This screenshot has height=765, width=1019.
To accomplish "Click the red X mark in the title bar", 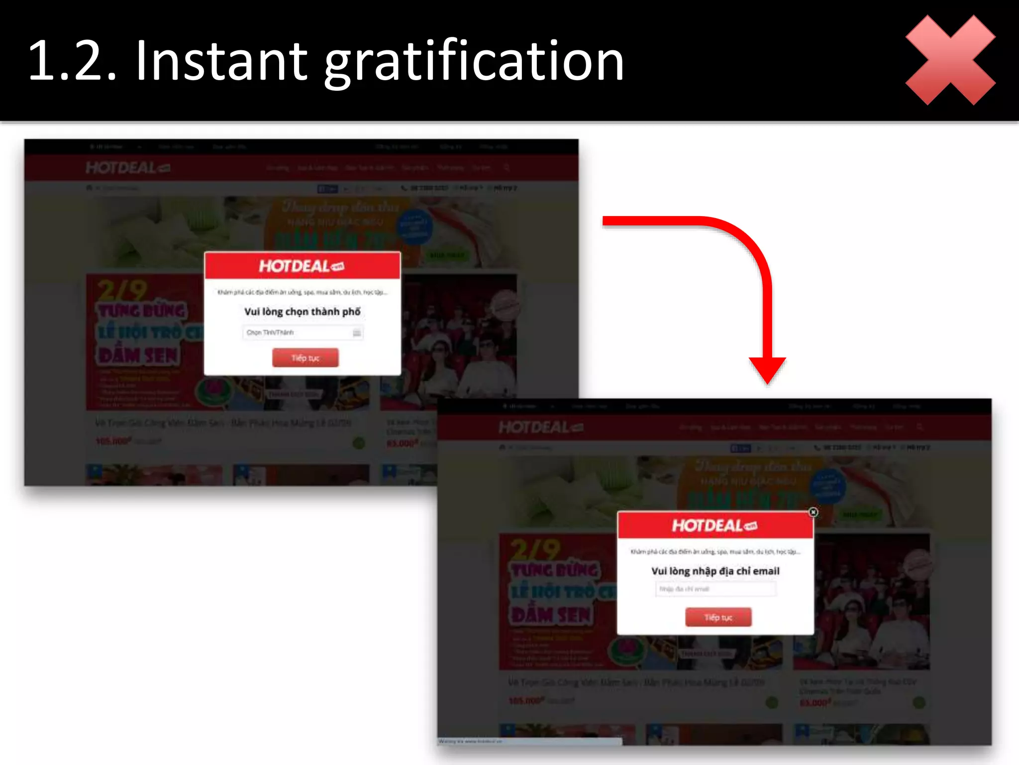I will [x=950, y=60].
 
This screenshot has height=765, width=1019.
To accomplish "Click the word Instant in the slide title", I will [x=221, y=61].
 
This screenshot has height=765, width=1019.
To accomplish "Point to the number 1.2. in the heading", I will [x=73, y=61].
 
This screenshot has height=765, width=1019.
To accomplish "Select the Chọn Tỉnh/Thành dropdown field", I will [x=303, y=333].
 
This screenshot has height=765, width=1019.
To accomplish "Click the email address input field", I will [x=715, y=589].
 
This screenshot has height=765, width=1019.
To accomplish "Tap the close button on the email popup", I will [x=813, y=512].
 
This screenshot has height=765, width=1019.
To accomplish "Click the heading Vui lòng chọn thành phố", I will [x=303, y=312].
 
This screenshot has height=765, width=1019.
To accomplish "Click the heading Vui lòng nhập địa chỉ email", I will [x=715, y=571].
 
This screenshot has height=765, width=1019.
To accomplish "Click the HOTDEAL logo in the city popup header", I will [x=302, y=266].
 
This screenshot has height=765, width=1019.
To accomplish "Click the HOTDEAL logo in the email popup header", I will [x=714, y=526].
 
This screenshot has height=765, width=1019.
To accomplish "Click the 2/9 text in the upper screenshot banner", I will [x=122, y=290].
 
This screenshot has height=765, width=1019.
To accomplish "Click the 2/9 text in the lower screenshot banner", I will [x=535, y=550].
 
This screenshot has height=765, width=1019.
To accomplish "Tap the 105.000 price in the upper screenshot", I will [x=113, y=441].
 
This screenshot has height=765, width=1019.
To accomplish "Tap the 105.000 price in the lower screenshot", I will [x=526, y=701].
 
